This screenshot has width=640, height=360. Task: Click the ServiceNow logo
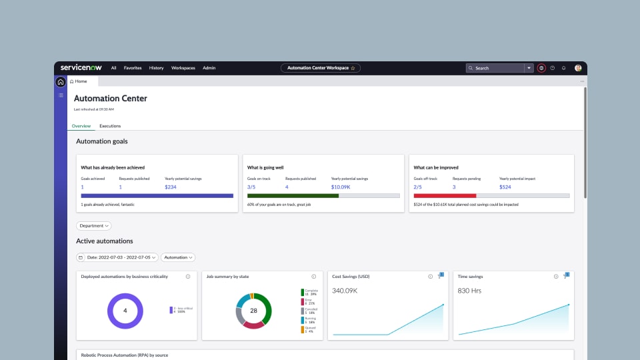79,67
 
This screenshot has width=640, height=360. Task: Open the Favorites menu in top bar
133,68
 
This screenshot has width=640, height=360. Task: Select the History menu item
156,68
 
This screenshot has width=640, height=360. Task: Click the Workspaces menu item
183,68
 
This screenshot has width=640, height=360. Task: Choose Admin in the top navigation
209,68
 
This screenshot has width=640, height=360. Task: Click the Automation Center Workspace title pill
321,68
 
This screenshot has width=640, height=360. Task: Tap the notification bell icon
563,68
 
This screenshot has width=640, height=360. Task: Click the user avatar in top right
578,68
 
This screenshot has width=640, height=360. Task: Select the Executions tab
110,126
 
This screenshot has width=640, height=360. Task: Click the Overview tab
81,126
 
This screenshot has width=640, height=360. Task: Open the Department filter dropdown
94,226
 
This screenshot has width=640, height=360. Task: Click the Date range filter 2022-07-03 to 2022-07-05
117,257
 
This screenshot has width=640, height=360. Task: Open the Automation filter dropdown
178,257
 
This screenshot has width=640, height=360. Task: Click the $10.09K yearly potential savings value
341,187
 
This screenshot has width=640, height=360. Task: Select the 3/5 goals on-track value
251,187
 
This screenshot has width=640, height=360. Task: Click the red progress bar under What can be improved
445,196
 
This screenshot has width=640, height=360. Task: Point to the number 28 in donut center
253,311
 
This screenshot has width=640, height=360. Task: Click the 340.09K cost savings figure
346,291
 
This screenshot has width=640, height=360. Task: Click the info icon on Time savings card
556,277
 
